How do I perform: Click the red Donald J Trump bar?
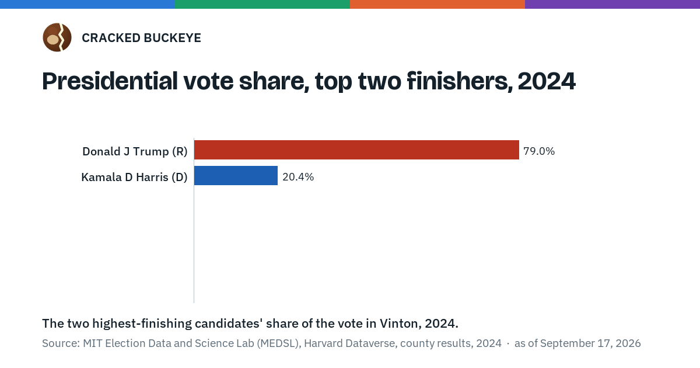356,150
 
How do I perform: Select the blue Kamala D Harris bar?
236,176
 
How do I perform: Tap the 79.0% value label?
539,151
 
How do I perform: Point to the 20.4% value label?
298,177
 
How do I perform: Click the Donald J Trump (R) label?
135,151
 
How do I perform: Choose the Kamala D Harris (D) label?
134,177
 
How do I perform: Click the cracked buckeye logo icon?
57,37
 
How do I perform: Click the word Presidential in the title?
110,81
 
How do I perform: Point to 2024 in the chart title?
547,81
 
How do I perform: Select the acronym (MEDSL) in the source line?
279,343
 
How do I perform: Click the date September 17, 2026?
590,343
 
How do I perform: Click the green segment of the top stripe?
262,4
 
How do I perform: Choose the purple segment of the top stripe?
612,4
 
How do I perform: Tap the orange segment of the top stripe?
437,4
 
